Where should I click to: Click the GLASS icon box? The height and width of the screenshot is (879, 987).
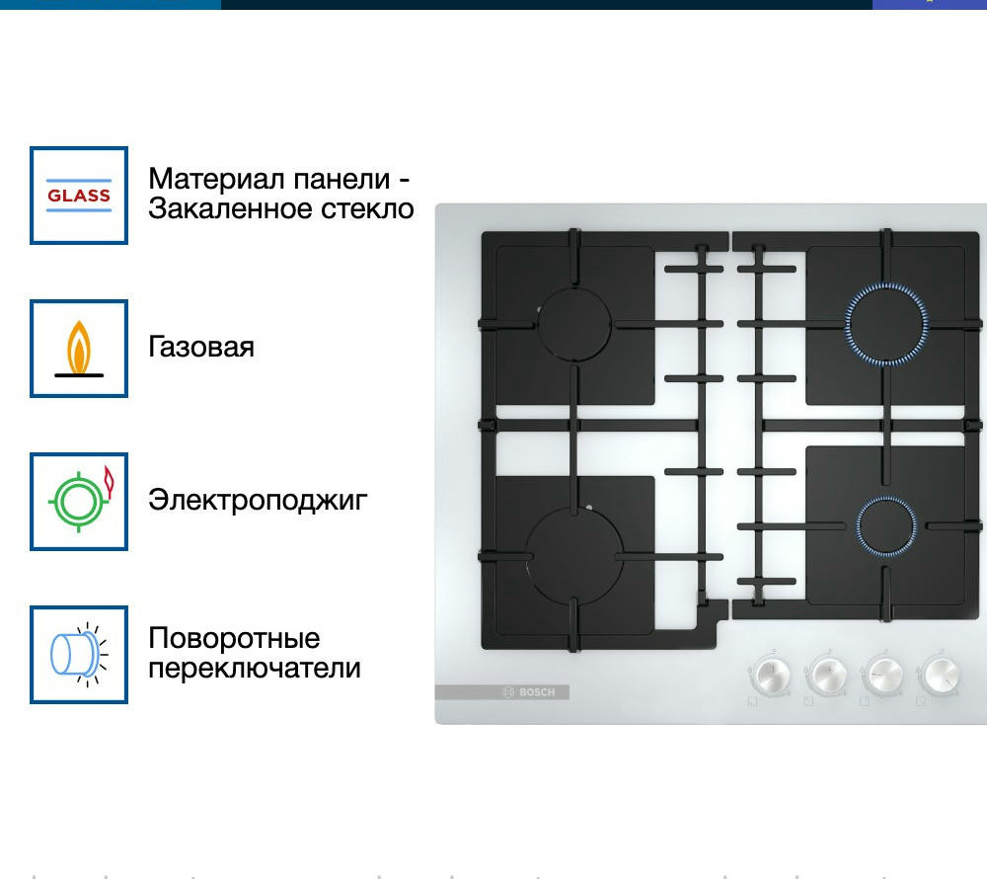coord(79,196)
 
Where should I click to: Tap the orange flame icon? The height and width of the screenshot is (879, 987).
coord(79,349)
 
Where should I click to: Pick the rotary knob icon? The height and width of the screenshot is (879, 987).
coord(79,654)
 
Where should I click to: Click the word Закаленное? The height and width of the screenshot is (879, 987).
coord(230,209)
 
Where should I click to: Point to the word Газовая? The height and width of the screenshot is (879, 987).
coord(201,347)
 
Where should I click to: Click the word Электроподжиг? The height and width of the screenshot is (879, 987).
coord(258,500)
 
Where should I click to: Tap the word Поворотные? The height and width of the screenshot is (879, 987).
coord(234,638)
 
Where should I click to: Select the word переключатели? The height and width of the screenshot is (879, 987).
coord(255,668)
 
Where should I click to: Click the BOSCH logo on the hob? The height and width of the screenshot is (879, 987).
coord(530,692)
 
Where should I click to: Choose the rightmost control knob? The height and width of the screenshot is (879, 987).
coord(940,675)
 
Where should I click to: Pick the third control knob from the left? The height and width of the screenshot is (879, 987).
coord(883,675)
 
